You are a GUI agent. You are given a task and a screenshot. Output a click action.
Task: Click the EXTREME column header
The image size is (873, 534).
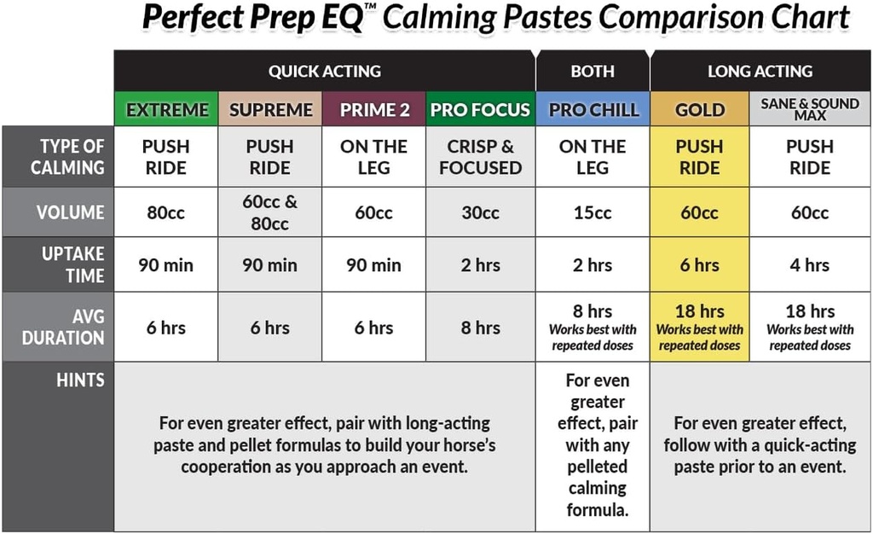click(167, 109)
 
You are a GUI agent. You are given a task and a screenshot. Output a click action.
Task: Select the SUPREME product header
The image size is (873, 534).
click(271, 109)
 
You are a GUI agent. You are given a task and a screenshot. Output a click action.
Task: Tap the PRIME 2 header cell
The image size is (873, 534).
click(374, 109)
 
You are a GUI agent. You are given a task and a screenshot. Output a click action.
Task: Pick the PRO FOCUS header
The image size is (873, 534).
click(480, 109)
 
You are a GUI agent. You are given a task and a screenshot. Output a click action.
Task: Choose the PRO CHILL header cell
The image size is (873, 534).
click(593, 109)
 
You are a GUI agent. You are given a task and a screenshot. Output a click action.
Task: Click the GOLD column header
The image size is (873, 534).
click(700, 109)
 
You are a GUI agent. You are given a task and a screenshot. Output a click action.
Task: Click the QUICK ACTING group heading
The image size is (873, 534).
click(325, 71)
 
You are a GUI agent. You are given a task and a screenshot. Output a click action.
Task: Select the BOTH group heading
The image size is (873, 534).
click(593, 71)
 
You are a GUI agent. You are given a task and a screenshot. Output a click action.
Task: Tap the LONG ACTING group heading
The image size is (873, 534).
click(760, 71)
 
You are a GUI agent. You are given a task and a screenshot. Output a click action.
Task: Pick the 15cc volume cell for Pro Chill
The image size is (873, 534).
click(593, 212)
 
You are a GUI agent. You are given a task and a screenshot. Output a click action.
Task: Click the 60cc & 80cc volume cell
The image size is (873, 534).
click(270, 212)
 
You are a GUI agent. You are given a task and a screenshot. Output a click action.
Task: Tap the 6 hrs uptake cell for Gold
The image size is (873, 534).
click(700, 264)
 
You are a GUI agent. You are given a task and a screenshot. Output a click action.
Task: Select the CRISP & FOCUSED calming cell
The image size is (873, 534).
click(480, 157)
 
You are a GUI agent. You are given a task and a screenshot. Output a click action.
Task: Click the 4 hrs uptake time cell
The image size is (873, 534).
click(810, 264)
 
